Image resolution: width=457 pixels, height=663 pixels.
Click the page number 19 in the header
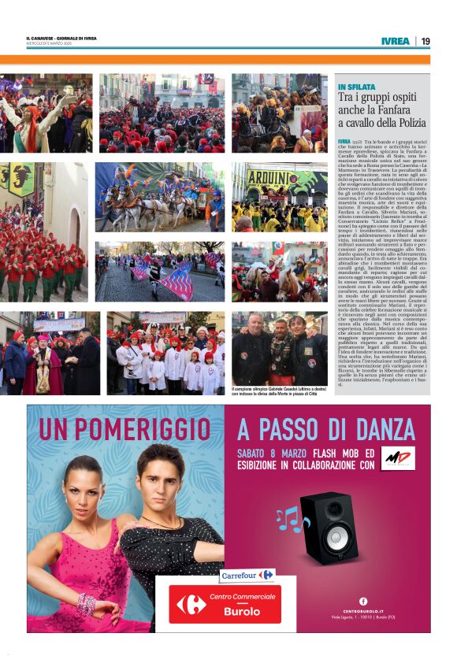pos(425,41)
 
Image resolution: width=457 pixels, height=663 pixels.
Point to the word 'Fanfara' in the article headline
pos(392,109)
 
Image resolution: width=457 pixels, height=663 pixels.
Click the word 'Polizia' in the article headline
pos(403,123)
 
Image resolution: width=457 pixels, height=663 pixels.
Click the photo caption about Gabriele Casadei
pos(280,391)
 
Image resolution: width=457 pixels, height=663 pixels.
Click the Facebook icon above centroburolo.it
pos(363,600)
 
